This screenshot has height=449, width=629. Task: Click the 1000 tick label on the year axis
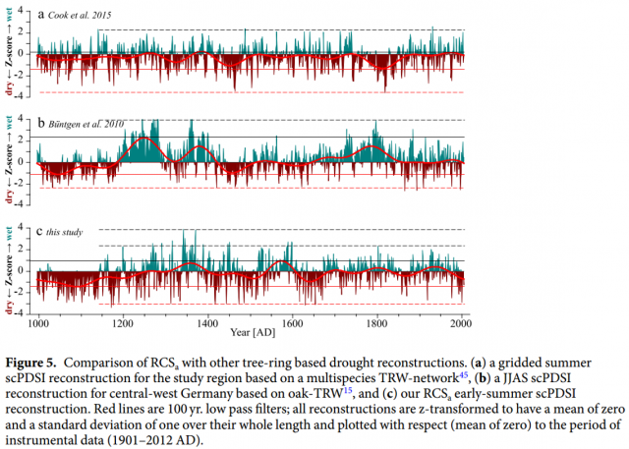38,321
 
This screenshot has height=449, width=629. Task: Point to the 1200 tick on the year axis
123,321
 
